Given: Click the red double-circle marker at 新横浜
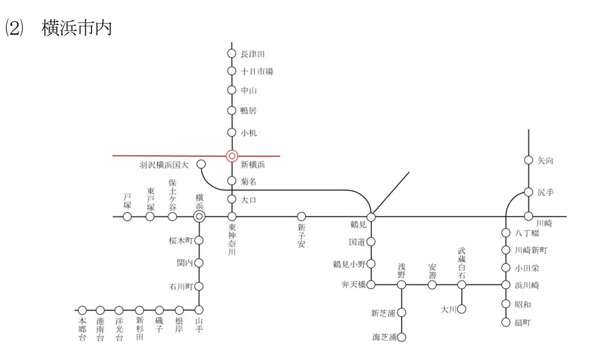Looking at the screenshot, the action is [232, 156].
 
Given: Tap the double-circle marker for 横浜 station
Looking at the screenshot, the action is [200, 216].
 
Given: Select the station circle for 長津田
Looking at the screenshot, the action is [232, 54].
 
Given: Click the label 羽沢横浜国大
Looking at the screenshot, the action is [164, 165].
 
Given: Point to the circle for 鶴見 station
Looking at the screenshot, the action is [371, 217].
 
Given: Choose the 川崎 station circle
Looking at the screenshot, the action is [529, 216].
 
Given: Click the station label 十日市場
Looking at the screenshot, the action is [257, 71].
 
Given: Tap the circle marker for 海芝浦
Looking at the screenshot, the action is [401, 337].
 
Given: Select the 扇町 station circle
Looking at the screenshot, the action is [506, 322].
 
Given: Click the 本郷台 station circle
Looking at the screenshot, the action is [83, 310].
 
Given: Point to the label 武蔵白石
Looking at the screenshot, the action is [462, 263].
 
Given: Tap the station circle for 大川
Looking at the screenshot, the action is [462, 309].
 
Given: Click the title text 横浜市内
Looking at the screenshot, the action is [76, 28].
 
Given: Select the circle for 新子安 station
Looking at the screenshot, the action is [301, 216].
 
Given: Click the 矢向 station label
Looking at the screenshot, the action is [545, 160].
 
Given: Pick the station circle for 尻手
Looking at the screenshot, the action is [529, 192].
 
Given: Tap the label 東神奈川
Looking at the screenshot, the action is [232, 240].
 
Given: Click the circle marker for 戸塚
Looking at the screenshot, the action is [127, 217].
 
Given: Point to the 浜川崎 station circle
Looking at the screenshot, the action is [506, 285].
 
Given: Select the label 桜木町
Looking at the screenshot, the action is [181, 240].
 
